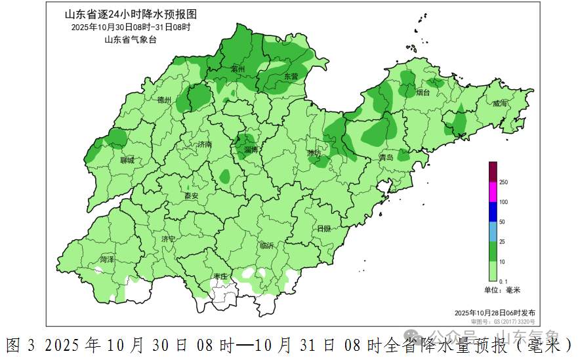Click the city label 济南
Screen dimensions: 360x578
[205, 144]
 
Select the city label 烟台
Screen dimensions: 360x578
[423, 93]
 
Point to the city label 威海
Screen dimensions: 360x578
[500, 104]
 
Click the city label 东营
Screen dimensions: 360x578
[291, 77]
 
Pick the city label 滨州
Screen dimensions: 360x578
[237, 69]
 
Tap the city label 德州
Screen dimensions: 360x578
[164, 100]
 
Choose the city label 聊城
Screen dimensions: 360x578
[127, 160]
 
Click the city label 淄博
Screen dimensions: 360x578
[251, 150]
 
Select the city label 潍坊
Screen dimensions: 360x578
[314, 153]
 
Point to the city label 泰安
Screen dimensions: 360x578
[191, 196]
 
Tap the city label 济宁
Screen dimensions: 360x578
[169, 239]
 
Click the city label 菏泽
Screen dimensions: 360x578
[107, 260]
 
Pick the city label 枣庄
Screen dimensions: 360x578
[220, 277]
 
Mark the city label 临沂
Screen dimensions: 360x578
[266, 245]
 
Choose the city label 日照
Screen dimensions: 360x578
[323, 229]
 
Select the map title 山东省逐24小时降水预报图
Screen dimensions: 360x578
[130, 14]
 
